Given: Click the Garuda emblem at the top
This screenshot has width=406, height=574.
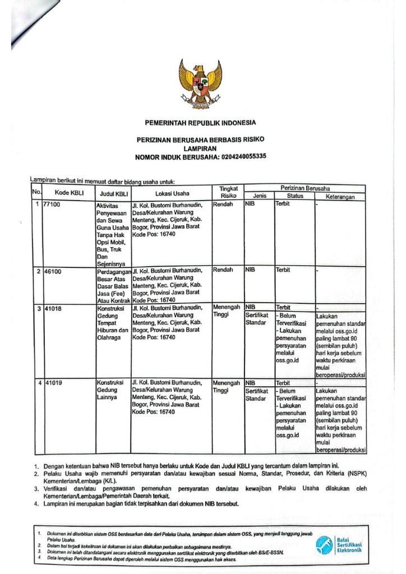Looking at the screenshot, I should tap(201, 84).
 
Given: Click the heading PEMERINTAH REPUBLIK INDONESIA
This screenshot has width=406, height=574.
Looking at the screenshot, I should tap(200, 122).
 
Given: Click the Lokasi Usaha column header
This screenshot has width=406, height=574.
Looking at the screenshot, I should tap(172, 193).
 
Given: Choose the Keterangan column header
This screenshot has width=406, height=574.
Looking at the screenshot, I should tap(340, 197).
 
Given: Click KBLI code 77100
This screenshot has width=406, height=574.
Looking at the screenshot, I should tap(54, 205).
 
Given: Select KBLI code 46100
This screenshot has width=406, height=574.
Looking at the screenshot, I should tap(54, 270).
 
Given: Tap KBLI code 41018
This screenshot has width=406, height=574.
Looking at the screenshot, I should tap(54, 308).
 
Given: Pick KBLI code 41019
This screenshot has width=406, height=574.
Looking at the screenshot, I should tap(54, 383).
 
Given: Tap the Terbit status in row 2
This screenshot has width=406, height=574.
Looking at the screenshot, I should tap(283, 270).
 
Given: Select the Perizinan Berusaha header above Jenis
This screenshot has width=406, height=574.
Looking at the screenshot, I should tap(304, 188).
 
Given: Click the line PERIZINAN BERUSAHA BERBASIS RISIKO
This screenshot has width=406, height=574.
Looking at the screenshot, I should tap(200, 138).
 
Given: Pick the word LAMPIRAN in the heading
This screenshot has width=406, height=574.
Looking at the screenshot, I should tap(200, 148).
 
